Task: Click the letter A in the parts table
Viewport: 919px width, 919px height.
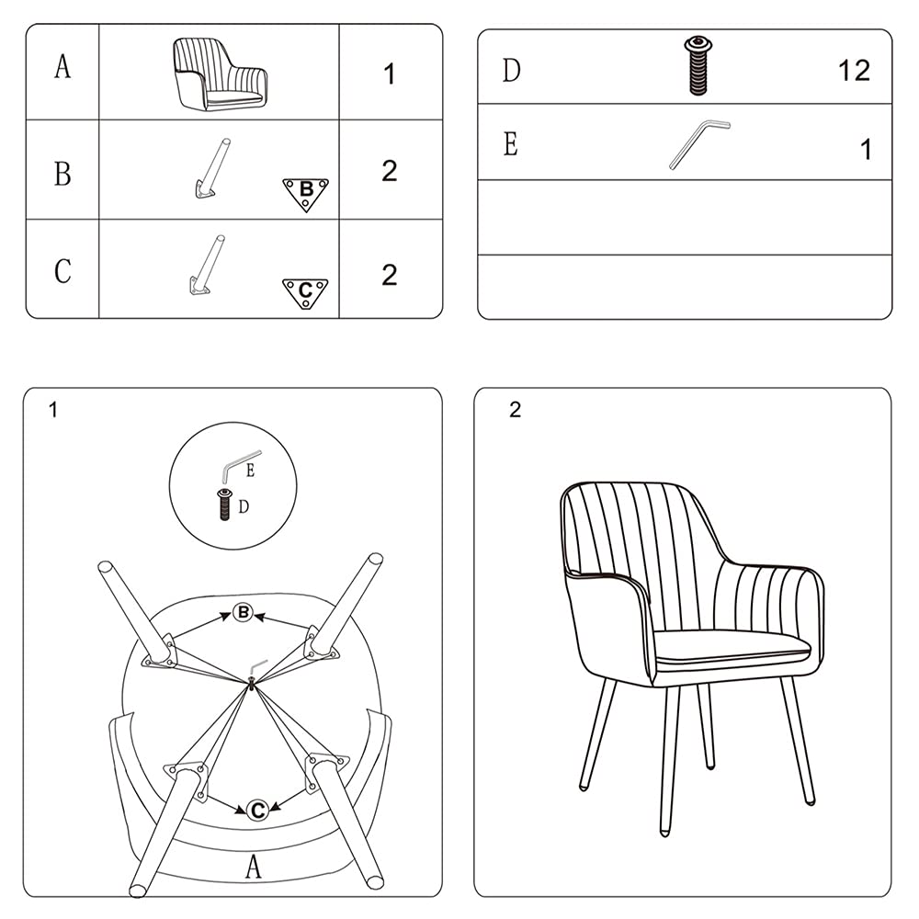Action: [x=62, y=67]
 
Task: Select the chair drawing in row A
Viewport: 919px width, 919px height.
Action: [x=220, y=74]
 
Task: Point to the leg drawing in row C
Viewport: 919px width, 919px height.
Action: [x=206, y=266]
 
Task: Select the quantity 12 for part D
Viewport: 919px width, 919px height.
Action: [x=853, y=71]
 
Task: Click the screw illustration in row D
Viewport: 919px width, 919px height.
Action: [x=698, y=65]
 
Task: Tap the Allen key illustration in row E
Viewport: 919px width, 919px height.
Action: [x=698, y=143]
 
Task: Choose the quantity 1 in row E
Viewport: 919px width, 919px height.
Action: [x=865, y=149]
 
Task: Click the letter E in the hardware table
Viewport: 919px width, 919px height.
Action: [x=511, y=144]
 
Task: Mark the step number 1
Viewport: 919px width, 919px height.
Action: [x=53, y=410]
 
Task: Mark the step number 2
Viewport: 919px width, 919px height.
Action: [x=515, y=410]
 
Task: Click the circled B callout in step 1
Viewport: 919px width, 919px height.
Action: [x=243, y=612]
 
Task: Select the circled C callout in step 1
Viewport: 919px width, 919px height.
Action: [x=257, y=810]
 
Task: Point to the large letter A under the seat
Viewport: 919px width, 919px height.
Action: [x=254, y=865]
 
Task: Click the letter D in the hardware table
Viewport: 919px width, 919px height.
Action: [x=511, y=70]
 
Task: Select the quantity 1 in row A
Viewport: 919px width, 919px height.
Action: [x=390, y=74]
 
